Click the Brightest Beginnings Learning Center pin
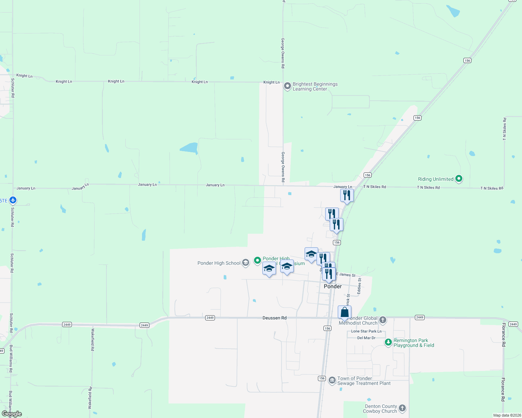287,86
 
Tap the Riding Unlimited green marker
459,179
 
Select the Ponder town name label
333,286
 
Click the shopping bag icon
344,312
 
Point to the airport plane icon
13,200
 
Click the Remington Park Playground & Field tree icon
388,342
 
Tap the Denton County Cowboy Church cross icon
402,408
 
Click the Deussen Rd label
274,318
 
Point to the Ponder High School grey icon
246,263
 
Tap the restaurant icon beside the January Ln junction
346,195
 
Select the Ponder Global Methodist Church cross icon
383,320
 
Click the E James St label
345,275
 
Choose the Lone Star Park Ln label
366,331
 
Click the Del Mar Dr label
366,338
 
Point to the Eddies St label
359,286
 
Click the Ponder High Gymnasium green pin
257,260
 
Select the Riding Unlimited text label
435,179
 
